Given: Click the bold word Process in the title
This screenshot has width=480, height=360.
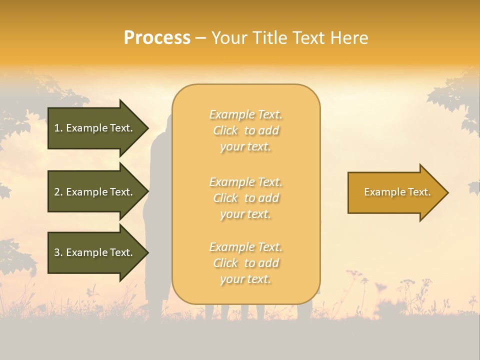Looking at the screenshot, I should [x=157, y=38].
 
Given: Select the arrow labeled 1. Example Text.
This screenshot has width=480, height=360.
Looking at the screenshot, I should [x=95, y=128].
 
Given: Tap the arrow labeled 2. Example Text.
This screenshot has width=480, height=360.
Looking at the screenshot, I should [x=95, y=192].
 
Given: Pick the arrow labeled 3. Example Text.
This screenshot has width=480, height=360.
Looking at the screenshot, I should [x=95, y=252].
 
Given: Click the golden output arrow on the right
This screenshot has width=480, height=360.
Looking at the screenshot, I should [x=397, y=192].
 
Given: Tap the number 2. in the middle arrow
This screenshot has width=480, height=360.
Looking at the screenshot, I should [x=58, y=192].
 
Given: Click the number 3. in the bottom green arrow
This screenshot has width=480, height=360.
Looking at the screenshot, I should [x=58, y=252].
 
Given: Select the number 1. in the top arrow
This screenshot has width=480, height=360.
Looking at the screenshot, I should [x=58, y=128].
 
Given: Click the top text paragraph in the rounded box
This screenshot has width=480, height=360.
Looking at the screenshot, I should [x=245, y=130].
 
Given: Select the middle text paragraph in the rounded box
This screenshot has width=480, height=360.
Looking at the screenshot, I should [x=245, y=198].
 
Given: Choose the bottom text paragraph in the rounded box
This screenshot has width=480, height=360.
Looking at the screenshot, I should [x=245, y=263].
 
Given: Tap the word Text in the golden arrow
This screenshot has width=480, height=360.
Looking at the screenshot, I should [x=419, y=192].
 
